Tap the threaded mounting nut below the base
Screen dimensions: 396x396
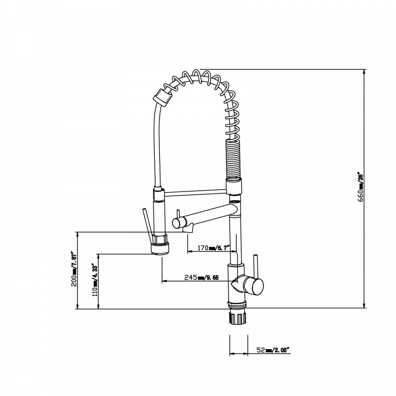click(x=238, y=317)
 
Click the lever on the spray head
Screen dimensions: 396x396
click(x=147, y=224)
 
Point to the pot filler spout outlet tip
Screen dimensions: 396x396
click(x=187, y=228)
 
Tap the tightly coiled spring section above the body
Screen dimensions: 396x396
click(x=233, y=158)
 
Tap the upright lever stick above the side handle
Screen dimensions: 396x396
click(x=256, y=266)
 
